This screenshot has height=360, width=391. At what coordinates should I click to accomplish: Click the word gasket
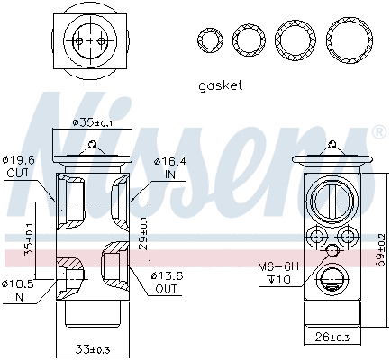coord(219,86)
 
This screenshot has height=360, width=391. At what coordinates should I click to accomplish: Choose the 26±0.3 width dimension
coord(331,338)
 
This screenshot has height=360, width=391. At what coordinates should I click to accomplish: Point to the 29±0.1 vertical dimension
coord(143,230)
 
